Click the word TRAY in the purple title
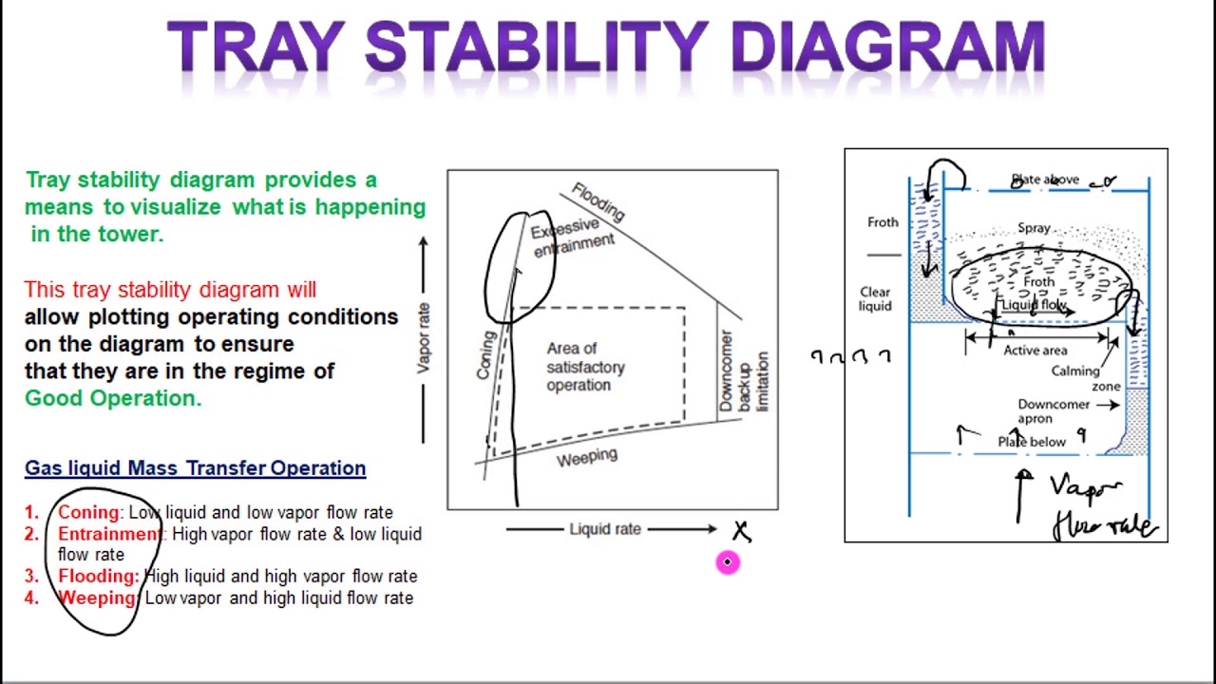tap(256, 47)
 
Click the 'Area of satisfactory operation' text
tap(585, 367)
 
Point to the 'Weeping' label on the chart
tap(586, 458)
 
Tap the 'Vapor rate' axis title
tap(424, 337)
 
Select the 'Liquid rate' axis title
tap(605, 529)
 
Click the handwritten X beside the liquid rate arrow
tap(741, 531)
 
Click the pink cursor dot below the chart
tap(727, 562)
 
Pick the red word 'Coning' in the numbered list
tap(88, 513)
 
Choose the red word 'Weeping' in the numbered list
tap(97, 598)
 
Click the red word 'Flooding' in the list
tap(98, 576)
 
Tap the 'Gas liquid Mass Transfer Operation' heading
tap(195, 468)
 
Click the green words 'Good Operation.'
tap(113, 398)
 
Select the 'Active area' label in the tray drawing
tap(1035, 351)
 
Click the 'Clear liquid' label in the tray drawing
tap(875, 299)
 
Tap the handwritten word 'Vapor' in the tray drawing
tap(1086, 488)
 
